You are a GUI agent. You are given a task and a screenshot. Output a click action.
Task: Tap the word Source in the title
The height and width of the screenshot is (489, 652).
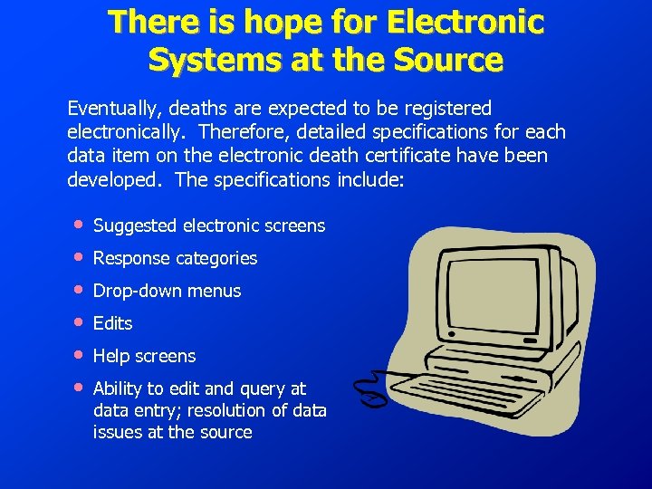[x=446, y=60]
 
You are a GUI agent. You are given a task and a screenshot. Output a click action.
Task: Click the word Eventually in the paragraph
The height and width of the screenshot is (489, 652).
[x=111, y=109]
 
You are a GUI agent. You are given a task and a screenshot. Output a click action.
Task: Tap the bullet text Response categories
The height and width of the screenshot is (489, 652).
[x=175, y=258]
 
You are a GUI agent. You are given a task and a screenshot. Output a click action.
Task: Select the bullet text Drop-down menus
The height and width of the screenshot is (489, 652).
[x=167, y=291]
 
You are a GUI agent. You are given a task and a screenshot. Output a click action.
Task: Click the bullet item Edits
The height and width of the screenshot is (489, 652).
[x=112, y=323]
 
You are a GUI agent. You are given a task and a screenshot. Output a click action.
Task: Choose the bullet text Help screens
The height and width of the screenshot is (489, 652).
[x=144, y=356]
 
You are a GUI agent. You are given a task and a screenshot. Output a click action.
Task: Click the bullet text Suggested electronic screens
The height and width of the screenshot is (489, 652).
[x=208, y=225]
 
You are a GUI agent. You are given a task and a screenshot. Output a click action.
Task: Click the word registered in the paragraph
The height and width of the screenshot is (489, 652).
[x=446, y=109]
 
